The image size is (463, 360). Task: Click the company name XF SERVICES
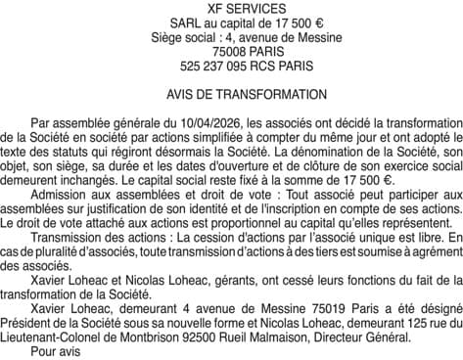coord(231,9)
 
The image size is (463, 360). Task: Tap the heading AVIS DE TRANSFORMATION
coord(231,97)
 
